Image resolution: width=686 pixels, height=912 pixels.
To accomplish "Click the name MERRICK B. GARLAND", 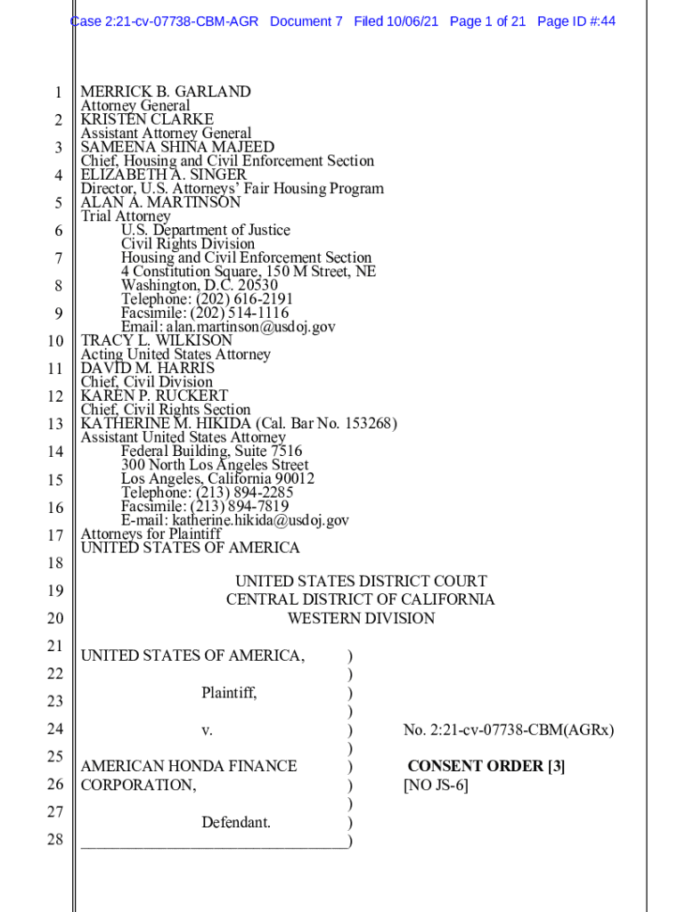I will tap(166, 92).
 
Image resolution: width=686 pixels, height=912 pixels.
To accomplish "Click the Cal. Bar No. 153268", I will tap(342, 423).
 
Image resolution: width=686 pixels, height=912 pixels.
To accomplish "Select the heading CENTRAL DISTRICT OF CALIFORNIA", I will tap(360, 600).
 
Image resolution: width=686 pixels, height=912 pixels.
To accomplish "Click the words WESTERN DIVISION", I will tap(361, 618).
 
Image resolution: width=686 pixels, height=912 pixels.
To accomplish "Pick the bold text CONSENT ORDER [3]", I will tap(486, 766).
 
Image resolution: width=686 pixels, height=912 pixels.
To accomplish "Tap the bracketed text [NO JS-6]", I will tap(436, 785).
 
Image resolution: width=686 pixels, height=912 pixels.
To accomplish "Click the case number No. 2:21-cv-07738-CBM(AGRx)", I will tap(508, 730).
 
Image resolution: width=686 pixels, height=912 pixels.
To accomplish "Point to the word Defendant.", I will tap(236, 822).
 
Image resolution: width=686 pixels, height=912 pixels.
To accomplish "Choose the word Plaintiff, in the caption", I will tap(229, 692).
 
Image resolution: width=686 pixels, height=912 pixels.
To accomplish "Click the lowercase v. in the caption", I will tap(207, 730).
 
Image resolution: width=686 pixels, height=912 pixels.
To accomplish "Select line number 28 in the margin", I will tap(55, 839).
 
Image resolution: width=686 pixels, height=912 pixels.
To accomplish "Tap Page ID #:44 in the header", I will tap(576, 20).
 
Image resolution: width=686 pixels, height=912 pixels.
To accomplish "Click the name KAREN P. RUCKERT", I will tap(154, 395).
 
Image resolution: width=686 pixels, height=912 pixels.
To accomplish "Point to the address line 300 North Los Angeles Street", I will tap(215, 465).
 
